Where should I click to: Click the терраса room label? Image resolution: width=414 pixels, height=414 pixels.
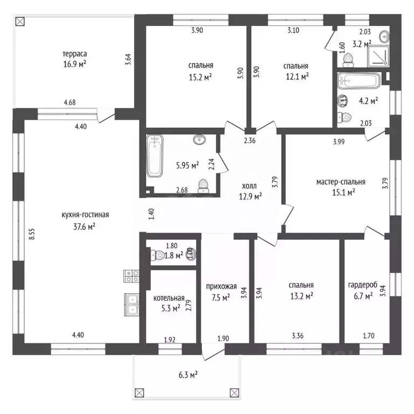(x=74, y=54)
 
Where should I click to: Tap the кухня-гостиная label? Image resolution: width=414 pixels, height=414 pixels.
(x=85, y=215)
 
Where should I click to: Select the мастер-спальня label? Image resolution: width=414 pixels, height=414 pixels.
(x=341, y=182)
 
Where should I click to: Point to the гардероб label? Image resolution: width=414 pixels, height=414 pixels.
(x=363, y=285)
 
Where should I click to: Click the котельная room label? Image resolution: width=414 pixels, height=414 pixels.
(x=169, y=298)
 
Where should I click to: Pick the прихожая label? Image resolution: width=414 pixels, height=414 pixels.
(x=221, y=286)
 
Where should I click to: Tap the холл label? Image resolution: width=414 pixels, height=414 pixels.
(x=249, y=186)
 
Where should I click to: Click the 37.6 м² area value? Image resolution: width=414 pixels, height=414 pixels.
(x=84, y=226)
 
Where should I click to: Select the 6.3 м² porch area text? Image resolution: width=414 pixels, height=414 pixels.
(x=188, y=375)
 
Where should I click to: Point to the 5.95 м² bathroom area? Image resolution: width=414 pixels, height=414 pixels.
(x=188, y=165)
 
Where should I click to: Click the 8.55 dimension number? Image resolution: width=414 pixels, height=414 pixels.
(x=32, y=233)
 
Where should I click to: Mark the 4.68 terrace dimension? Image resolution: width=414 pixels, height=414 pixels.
(x=70, y=102)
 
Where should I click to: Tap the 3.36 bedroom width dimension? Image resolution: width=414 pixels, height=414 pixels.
(x=298, y=336)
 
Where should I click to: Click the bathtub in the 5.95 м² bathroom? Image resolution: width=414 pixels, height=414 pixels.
(x=155, y=156)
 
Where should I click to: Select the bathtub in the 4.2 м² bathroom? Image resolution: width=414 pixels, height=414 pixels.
(x=358, y=80)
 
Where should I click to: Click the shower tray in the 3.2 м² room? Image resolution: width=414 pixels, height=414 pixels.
(x=378, y=56)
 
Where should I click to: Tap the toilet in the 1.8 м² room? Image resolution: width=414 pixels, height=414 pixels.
(x=157, y=255)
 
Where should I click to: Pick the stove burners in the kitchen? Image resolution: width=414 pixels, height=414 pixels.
(x=132, y=276)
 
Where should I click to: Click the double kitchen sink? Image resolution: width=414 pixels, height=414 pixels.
(x=132, y=305)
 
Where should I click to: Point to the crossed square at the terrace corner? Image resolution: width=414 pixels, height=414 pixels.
(x=20, y=22)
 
